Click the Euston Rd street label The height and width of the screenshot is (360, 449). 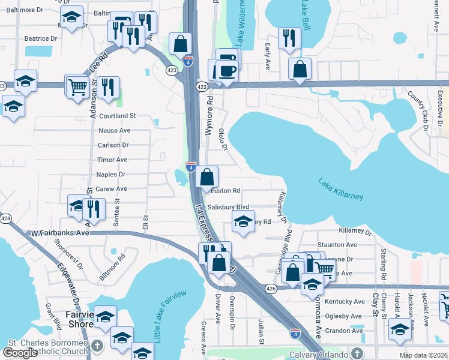[226, 191]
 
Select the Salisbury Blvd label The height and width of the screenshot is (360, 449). [228, 206]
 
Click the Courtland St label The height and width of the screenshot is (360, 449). [118, 116]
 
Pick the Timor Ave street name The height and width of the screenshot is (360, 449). [113, 160]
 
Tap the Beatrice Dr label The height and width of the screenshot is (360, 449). [40, 38]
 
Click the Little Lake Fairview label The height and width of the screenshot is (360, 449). [170, 316]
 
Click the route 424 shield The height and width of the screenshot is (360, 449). [5, 218]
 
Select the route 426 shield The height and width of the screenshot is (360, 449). [271, 289]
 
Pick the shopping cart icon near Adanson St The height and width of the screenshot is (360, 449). [77, 86]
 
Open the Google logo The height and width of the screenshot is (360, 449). [20, 353]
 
